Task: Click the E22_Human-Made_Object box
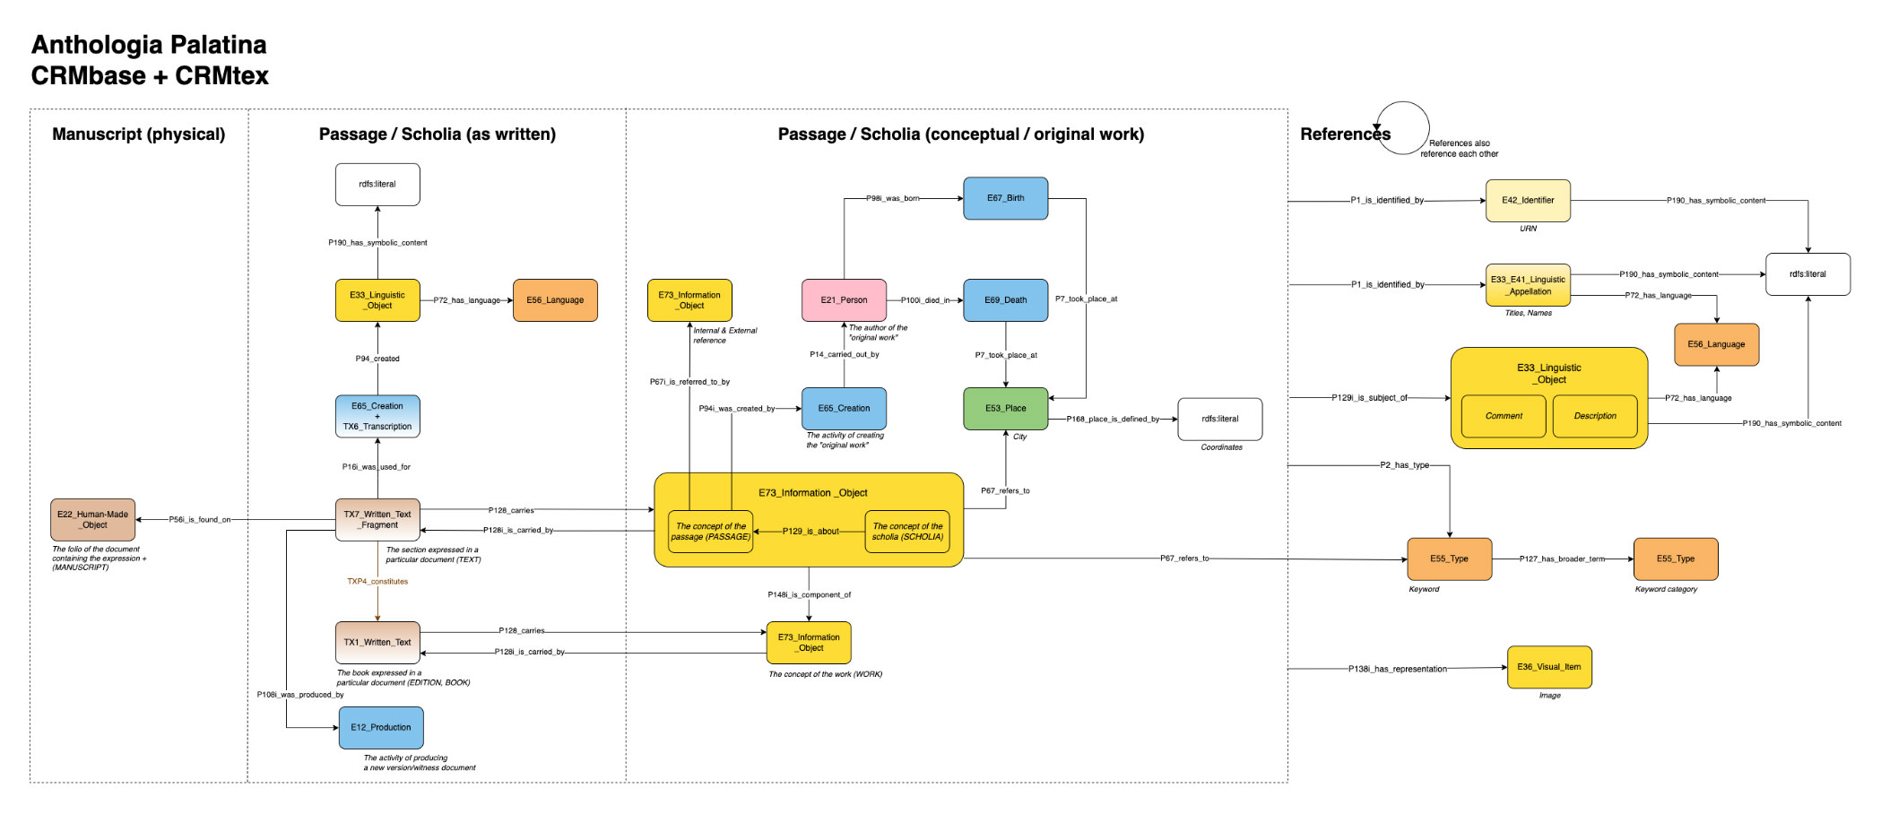pos(92,520)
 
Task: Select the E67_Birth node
pos(1005,198)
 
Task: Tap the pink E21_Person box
pos(844,300)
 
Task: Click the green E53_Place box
pos(1005,409)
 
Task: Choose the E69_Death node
pos(1005,300)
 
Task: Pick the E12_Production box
pos(381,728)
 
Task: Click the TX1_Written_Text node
pos(377,643)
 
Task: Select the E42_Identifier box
pos(1528,201)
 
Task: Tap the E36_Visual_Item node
pos(1549,667)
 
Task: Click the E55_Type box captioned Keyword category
pos(1676,559)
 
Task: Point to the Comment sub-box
pos(1504,416)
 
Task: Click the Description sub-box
pos(1595,416)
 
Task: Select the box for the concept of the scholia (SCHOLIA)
pos(907,532)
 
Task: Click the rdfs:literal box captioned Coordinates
pos(1219,419)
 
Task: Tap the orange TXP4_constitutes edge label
pos(377,582)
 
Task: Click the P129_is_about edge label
pos(810,532)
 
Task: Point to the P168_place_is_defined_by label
pos(1113,419)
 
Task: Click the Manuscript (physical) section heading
pos(138,134)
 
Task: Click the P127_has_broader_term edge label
pos(1562,559)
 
